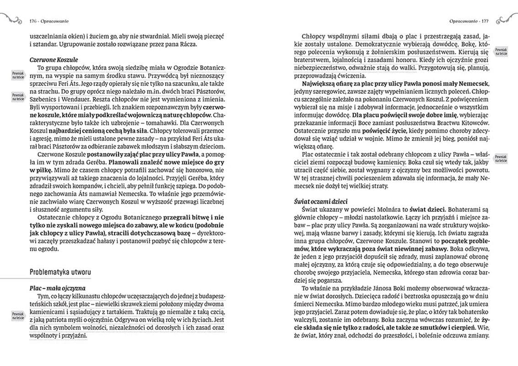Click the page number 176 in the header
tap(32, 21)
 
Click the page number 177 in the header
tap(485, 21)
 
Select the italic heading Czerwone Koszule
tap(54, 59)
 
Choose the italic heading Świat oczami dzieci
tap(321, 201)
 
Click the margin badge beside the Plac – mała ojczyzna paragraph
tap(17, 315)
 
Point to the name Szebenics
tap(43, 98)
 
